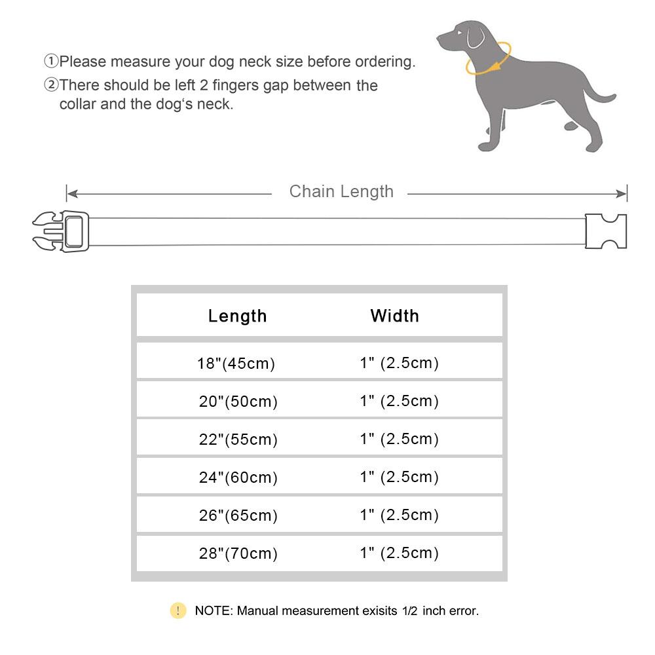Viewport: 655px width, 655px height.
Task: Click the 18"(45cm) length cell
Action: point(236,364)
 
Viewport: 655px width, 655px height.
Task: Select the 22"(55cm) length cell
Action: point(238,440)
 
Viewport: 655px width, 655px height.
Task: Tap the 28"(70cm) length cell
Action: point(238,553)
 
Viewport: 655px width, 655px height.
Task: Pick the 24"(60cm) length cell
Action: point(238,477)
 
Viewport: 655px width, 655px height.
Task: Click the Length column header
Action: point(237,316)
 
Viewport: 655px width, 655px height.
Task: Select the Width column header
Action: point(394,316)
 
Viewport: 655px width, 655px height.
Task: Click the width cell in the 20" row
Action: point(399,401)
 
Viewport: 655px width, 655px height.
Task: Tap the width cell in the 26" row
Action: point(399,515)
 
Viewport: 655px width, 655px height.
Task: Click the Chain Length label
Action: point(341,192)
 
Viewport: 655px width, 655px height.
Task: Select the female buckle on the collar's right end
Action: point(606,231)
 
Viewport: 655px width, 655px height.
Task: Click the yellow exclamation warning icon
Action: point(178,610)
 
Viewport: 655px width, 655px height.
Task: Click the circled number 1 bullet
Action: point(51,62)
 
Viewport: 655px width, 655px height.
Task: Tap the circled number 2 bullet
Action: point(51,85)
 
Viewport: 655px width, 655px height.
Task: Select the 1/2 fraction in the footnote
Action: point(409,610)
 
